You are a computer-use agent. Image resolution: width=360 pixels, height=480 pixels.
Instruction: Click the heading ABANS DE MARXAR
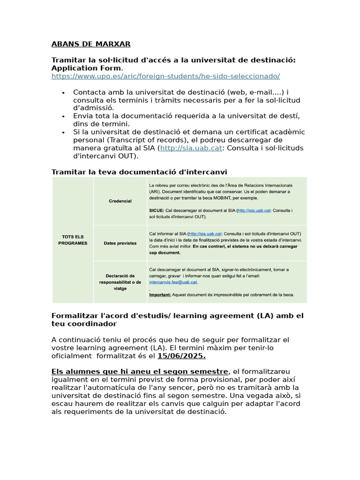[90, 44]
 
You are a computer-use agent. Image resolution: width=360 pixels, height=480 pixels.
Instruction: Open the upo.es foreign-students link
[165, 76]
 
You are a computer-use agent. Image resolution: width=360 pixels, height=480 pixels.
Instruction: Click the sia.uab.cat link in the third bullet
[191, 148]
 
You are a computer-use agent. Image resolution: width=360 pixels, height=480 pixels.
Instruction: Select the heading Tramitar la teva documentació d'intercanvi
[139, 172]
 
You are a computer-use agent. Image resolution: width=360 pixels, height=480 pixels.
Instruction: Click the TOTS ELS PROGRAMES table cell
[73, 240]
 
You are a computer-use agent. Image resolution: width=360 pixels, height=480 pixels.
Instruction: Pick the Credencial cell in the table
[120, 201]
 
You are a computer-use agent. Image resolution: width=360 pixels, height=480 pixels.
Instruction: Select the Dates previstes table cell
[120, 243]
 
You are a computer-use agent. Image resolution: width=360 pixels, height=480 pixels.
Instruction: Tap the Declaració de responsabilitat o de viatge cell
[120, 282]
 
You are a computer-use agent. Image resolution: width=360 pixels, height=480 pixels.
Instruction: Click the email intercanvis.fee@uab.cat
[173, 282]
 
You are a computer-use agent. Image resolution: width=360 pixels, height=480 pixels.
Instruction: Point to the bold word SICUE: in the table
[156, 210]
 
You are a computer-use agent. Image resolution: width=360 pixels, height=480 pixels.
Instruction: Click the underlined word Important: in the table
[160, 295]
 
